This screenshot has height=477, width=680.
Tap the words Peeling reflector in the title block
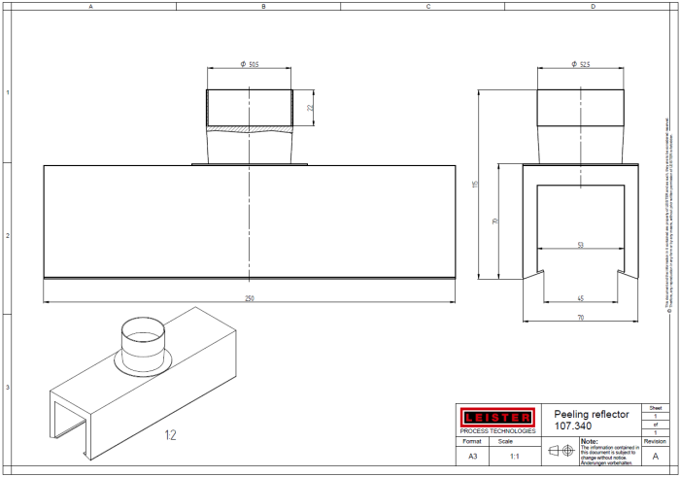pos(591,414)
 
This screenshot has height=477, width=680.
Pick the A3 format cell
pos(472,455)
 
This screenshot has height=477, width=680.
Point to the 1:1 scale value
pos(514,455)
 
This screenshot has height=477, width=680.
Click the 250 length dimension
pos(250,298)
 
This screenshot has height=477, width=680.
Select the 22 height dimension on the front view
pos(310,108)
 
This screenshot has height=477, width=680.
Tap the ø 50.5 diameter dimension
pos(250,65)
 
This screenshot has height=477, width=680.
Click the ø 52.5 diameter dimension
pos(581,65)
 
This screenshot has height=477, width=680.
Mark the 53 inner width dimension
pos(580,246)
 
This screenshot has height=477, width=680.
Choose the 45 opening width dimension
pos(580,297)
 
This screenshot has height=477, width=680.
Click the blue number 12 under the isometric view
pos(171,435)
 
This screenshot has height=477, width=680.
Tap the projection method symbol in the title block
pos(561,452)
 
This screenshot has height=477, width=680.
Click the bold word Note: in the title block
pos(590,440)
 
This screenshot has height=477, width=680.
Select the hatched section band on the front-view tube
pos(250,128)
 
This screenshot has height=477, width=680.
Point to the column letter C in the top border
pos(427,6)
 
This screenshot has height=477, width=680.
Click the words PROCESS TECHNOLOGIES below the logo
pos(495,429)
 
